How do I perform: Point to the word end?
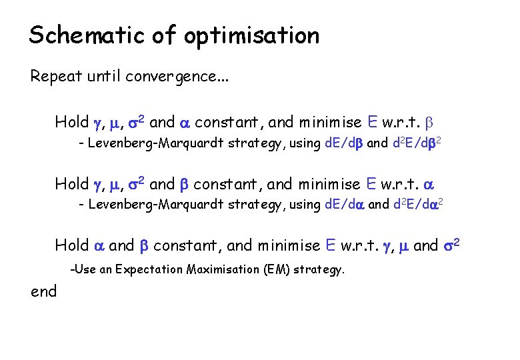43,291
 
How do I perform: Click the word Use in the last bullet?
84,269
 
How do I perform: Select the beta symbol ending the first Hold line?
429,123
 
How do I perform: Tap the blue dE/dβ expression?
343,143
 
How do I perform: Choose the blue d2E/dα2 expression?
418,204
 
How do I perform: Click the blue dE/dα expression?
343,204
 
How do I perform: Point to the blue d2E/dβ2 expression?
417,143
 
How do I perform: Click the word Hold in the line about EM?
71,245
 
